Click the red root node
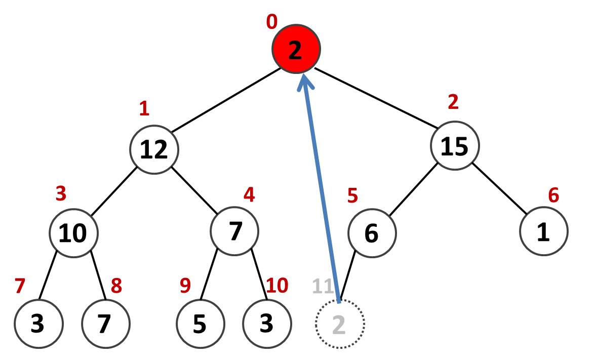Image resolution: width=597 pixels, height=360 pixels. [x=295, y=50]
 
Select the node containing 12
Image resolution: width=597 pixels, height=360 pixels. [x=154, y=149]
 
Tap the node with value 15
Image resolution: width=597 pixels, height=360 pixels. [x=455, y=145]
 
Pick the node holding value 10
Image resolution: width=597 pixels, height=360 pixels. [x=73, y=232]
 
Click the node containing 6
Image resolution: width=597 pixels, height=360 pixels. [x=372, y=233]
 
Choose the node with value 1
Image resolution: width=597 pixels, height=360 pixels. [x=543, y=232]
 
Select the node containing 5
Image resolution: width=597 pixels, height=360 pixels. [x=200, y=324]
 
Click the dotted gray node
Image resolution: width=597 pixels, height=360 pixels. [x=339, y=324]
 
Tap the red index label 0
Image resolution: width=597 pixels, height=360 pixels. [x=272, y=22]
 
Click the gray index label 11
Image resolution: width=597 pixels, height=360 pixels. [x=323, y=287]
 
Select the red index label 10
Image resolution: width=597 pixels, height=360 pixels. [x=277, y=286]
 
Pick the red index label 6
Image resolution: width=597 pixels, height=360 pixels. [x=554, y=194]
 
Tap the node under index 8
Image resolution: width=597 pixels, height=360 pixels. [x=106, y=324]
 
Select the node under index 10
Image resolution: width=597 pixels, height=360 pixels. [x=267, y=324]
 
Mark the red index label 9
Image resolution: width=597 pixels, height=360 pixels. [x=186, y=286]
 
